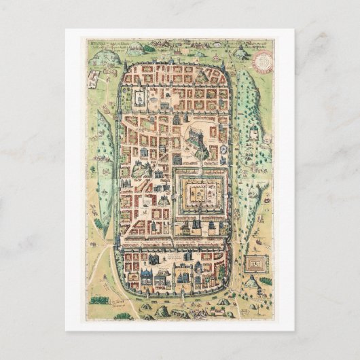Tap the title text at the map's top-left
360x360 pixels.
pyautogui.click(x=102, y=46)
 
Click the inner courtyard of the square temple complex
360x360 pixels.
pyautogui.click(x=200, y=195)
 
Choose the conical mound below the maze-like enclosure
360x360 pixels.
pyautogui.click(x=251, y=281)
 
